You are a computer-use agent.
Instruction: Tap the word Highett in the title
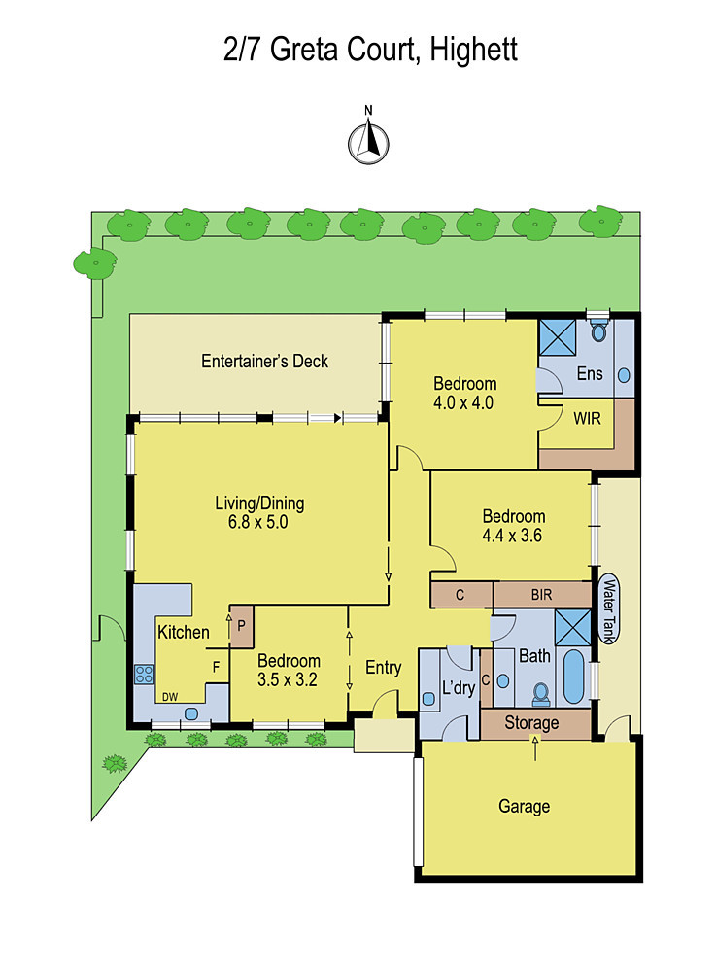(473, 50)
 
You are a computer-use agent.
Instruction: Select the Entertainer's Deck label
(264, 361)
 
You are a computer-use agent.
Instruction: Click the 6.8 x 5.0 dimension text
(257, 522)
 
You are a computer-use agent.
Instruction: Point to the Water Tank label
(609, 609)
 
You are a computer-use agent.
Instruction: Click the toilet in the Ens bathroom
(598, 331)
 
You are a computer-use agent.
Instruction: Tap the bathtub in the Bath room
(573, 677)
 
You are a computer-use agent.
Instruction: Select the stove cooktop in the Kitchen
(144, 675)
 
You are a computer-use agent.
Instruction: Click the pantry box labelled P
(242, 626)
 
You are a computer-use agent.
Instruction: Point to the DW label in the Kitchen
(170, 697)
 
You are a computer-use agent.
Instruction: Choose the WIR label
(587, 418)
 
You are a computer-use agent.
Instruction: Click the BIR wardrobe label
(541, 595)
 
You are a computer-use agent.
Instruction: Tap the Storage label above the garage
(531, 723)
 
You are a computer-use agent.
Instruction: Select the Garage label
(524, 806)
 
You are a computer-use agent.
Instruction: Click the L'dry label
(459, 687)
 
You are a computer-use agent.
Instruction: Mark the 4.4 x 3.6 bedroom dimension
(512, 536)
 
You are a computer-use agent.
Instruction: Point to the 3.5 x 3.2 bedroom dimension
(288, 680)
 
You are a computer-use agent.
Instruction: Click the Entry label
(384, 668)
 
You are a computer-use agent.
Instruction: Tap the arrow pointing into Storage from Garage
(535, 748)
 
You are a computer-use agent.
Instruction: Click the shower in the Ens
(558, 337)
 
